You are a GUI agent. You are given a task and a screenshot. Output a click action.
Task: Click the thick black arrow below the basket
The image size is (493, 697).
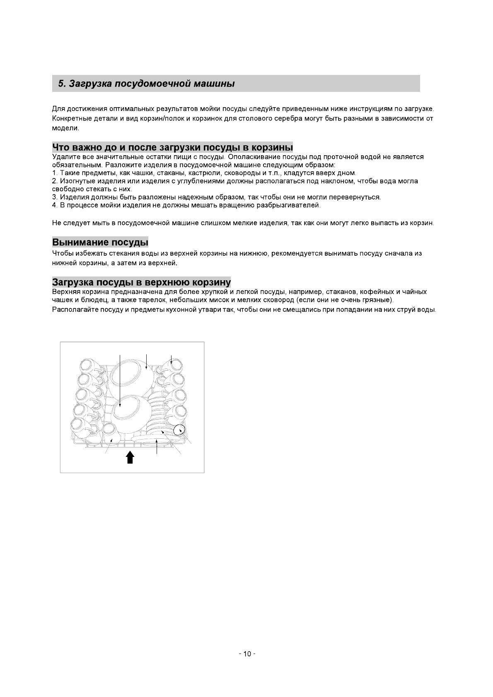[x=130, y=457]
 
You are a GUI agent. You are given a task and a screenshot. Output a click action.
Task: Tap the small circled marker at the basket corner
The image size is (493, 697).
[x=179, y=430]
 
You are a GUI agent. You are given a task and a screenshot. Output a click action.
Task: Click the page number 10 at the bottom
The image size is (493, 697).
[x=247, y=654]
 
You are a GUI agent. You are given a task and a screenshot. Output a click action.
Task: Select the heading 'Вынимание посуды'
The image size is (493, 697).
[x=100, y=242]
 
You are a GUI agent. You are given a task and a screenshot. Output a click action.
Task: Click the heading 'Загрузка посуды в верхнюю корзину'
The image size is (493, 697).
[x=141, y=282]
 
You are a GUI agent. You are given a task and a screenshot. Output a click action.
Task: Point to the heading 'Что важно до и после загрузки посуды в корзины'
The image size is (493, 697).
[x=172, y=147]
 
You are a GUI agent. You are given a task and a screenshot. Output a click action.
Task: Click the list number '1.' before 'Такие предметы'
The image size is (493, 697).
[x=55, y=173]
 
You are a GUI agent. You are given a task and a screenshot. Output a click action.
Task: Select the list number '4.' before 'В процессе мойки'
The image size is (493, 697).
[x=55, y=205]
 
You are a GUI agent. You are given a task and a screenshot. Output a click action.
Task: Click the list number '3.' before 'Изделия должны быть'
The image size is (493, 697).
[x=55, y=197]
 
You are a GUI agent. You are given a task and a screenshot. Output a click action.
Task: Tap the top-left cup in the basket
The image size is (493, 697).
[x=88, y=366]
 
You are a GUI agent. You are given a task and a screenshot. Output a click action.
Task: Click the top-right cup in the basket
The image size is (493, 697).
[x=175, y=365]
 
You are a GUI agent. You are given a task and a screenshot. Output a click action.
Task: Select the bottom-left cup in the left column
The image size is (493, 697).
[x=80, y=426]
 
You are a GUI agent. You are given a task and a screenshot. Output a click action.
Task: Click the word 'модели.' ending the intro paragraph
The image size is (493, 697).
[x=65, y=128]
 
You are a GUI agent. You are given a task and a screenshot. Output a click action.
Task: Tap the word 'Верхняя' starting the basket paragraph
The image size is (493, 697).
[x=65, y=292]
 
